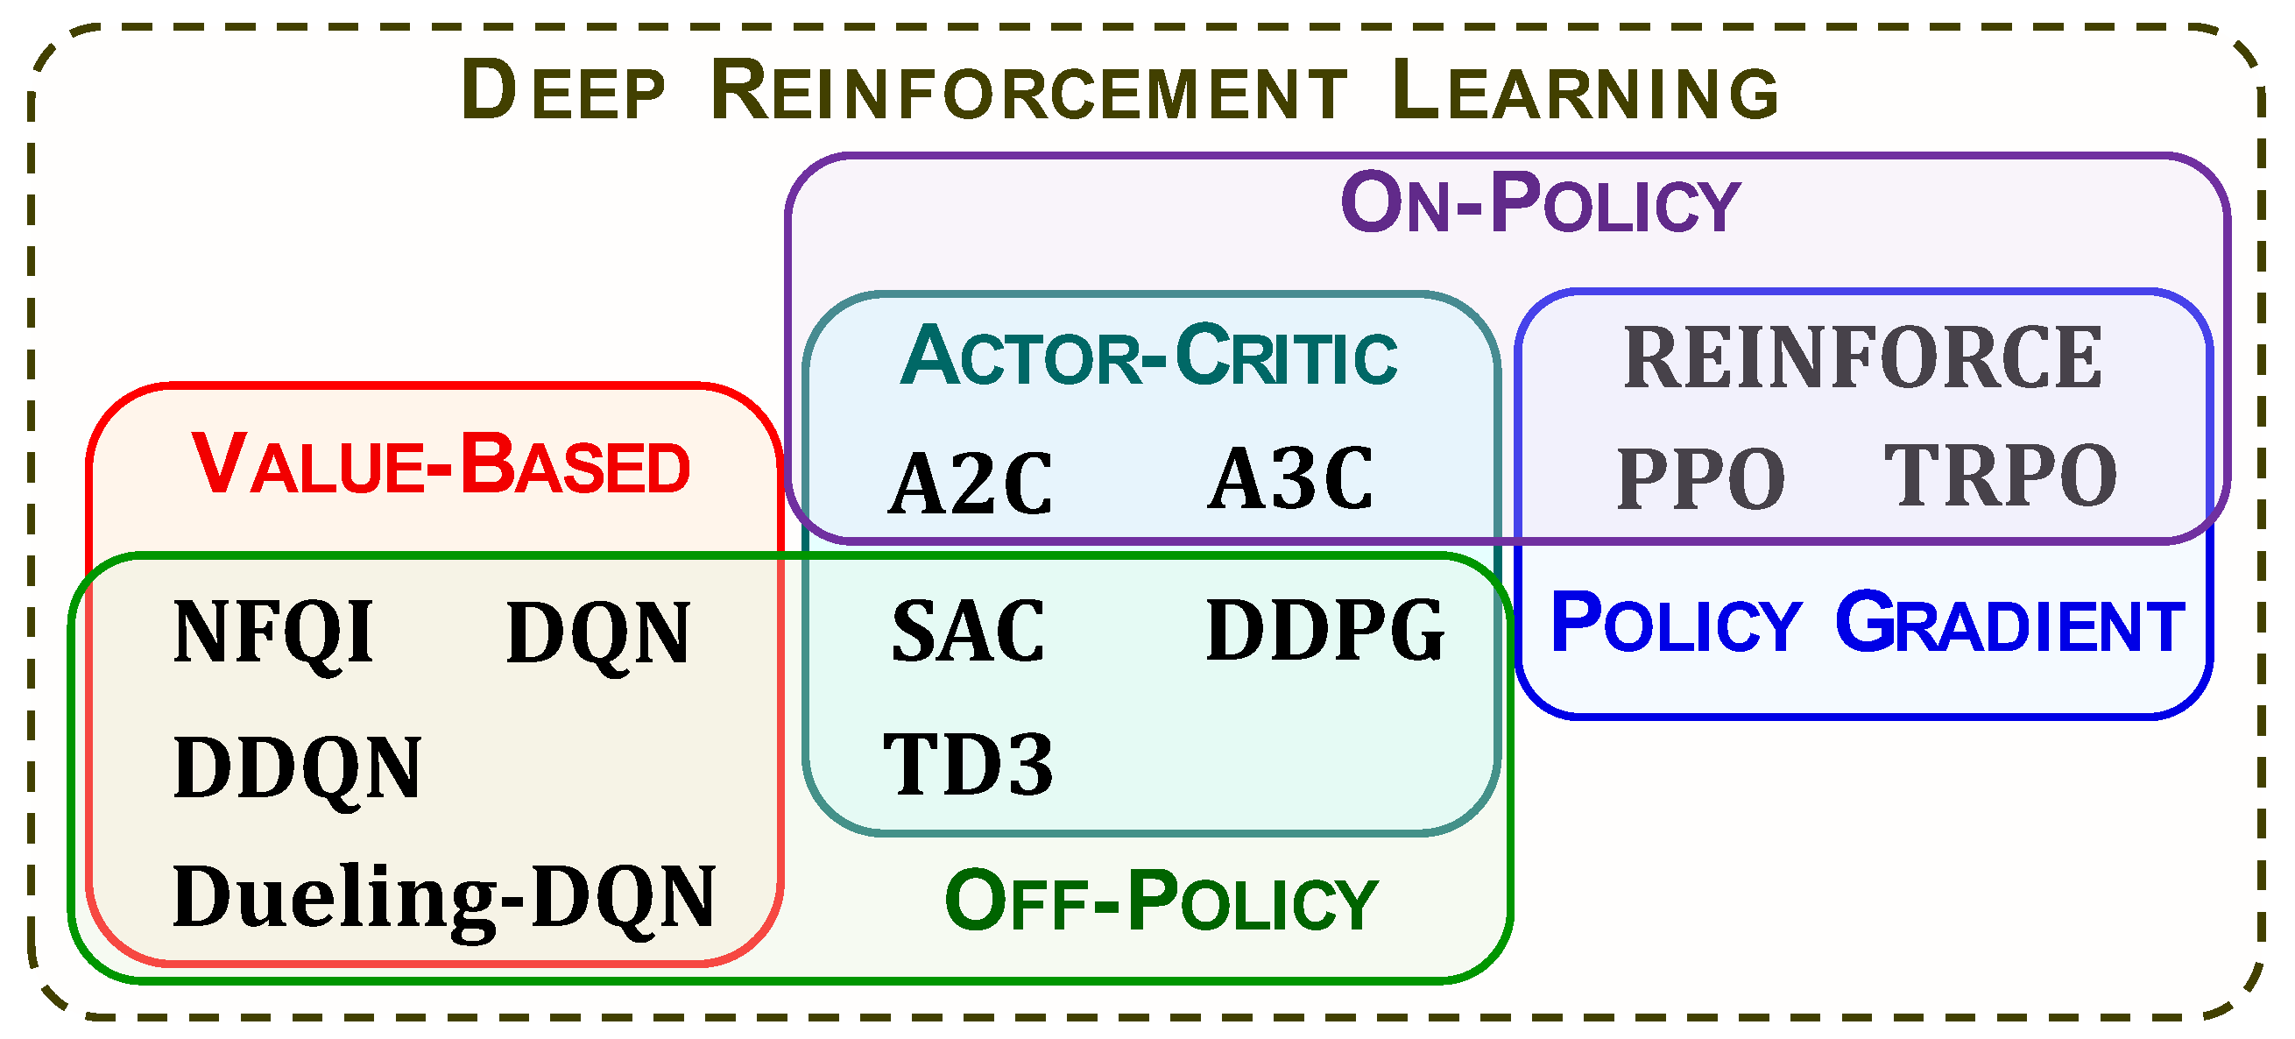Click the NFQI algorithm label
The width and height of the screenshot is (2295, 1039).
tap(273, 633)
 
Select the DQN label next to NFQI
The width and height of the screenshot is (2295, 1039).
tap(597, 633)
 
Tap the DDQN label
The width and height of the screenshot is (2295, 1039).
tap(297, 768)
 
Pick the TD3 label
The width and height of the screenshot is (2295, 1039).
tap(969, 765)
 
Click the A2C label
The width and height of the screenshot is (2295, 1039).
tap(971, 484)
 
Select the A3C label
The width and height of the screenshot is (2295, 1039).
tap(1290, 479)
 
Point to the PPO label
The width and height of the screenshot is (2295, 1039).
tap(1701, 479)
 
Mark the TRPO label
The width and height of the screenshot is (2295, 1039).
tap(2000, 477)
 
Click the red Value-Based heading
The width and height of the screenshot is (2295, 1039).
tap(441, 464)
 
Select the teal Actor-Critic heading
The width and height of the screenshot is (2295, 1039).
tap(1148, 357)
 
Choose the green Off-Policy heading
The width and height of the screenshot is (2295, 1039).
tap(1162, 901)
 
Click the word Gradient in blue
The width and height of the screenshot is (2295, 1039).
tap(2010, 623)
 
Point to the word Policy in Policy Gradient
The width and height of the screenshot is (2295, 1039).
tap(1676, 623)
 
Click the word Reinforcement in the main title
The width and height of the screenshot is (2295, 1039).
tap(1029, 90)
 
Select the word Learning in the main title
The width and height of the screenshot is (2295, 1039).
tap(1585, 90)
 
